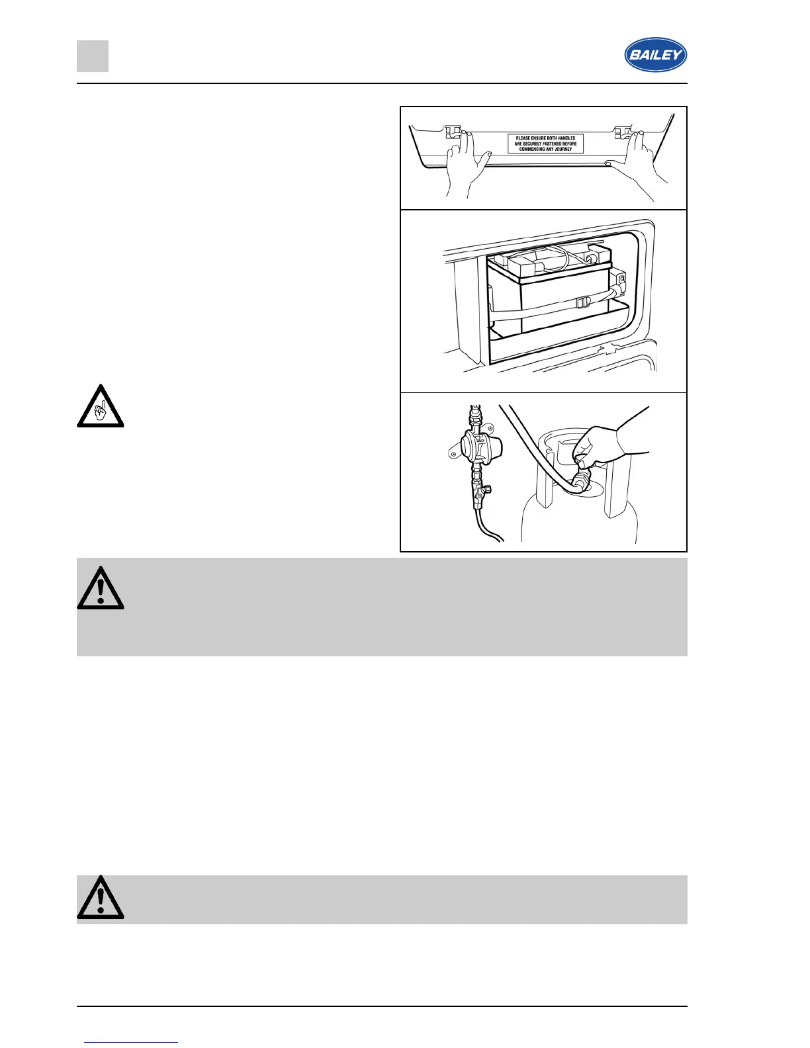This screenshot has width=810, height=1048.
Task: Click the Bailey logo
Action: pyautogui.click(x=655, y=54)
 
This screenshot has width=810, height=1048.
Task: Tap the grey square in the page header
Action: pyautogui.click(x=93, y=56)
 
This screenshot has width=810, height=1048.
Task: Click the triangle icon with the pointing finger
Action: pyautogui.click(x=101, y=406)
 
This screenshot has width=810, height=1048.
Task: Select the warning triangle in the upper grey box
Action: pyautogui.click(x=101, y=588)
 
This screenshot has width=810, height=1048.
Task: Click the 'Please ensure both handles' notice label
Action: pyautogui.click(x=545, y=144)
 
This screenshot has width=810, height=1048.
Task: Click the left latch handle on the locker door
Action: pyautogui.click(x=453, y=132)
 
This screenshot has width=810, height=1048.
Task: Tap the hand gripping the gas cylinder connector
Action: pyautogui.click(x=606, y=445)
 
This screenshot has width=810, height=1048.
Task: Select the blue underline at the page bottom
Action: pyautogui.click(x=131, y=1042)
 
